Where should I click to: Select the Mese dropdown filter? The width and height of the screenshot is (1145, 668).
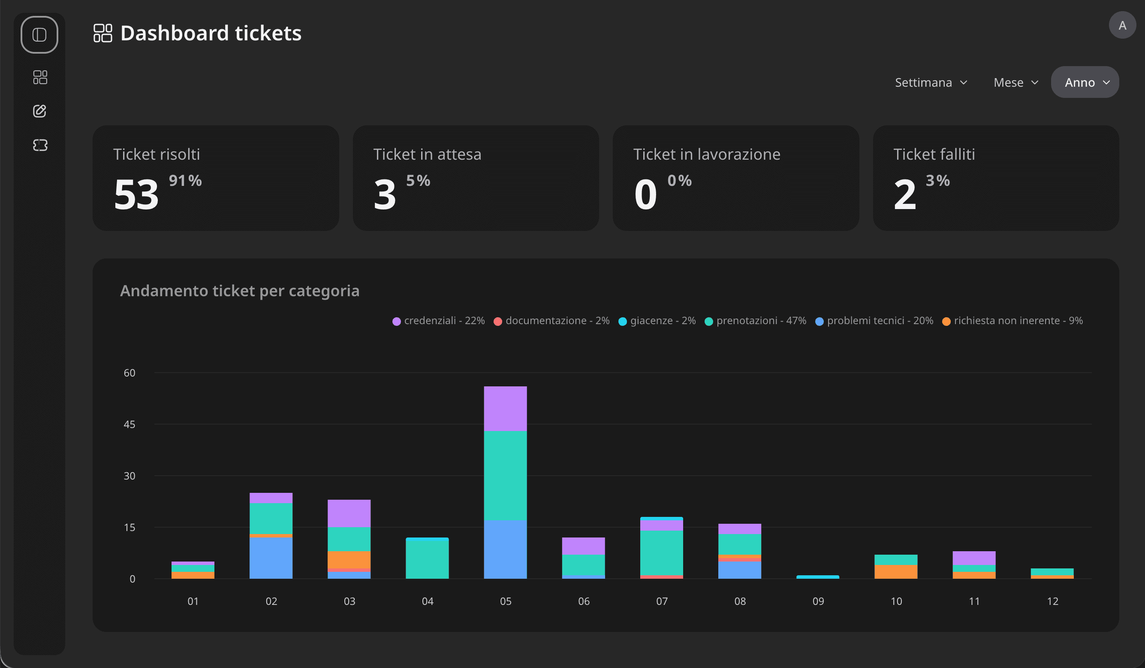(1015, 82)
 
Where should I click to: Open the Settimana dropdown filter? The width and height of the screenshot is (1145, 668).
(931, 82)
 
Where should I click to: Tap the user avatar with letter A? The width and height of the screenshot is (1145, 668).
(1122, 25)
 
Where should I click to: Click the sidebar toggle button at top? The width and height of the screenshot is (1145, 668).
(39, 35)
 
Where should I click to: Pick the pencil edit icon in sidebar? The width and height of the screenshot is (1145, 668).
(40, 111)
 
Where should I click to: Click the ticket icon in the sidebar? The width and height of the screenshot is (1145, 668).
(40, 145)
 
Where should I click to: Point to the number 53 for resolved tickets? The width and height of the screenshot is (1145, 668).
(136, 194)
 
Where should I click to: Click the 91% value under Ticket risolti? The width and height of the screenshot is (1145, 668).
(185, 181)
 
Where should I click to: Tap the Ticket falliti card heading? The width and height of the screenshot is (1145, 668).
(934, 154)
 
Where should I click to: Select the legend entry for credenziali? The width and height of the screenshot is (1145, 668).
(438, 321)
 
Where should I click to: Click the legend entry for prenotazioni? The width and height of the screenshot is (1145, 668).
(755, 321)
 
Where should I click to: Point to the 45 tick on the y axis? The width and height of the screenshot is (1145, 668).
(130, 424)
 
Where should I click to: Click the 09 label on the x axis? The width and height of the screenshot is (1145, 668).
(818, 601)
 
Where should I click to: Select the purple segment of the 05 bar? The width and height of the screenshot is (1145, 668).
(505, 408)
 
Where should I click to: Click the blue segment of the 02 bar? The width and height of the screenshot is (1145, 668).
(271, 558)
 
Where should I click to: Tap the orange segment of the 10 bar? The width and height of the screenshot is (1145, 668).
(895, 571)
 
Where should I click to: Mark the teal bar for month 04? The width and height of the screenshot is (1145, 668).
(427, 558)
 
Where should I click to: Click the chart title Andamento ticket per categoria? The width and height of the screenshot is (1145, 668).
(239, 291)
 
